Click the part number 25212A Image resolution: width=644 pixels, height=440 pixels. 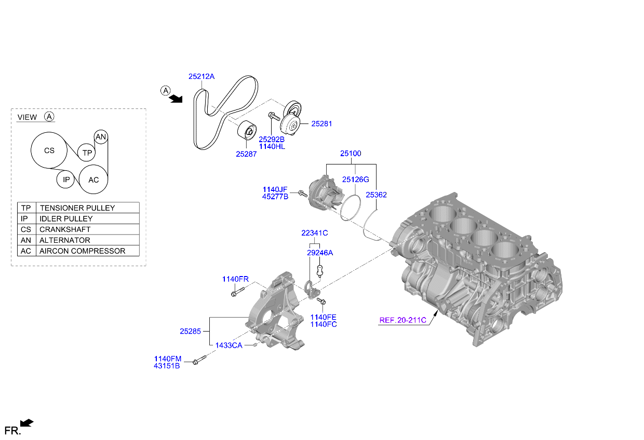click(x=201, y=76)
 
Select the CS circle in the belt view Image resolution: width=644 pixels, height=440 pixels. click(x=49, y=150)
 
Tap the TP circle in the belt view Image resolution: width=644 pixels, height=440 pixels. click(x=87, y=153)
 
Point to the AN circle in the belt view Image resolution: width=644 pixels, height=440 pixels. click(x=101, y=137)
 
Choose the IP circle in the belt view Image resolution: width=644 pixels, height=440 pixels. click(x=66, y=180)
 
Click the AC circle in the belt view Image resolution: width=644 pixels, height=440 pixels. click(x=93, y=180)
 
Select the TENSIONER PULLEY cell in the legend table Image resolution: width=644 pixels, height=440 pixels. click(x=87, y=208)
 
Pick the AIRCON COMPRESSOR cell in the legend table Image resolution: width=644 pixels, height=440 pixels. click(x=87, y=251)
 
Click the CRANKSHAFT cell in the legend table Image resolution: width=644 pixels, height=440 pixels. click(x=87, y=229)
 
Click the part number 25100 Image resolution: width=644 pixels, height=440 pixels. click(x=351, y=154)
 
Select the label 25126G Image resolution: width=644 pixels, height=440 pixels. click(x=355, y=180)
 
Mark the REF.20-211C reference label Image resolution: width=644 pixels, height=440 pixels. click(x=403, y=320)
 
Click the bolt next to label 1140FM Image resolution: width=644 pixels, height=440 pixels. click(x=199, y=359)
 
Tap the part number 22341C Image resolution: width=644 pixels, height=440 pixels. click(x=315, y=233)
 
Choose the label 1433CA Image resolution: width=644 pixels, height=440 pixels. click(x=229, y=346)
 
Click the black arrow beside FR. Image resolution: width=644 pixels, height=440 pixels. click(x=27, y=423)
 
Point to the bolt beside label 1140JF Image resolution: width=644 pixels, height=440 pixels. click(x=303, y=194)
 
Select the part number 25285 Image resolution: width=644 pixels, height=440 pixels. click(x=190, y=331)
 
